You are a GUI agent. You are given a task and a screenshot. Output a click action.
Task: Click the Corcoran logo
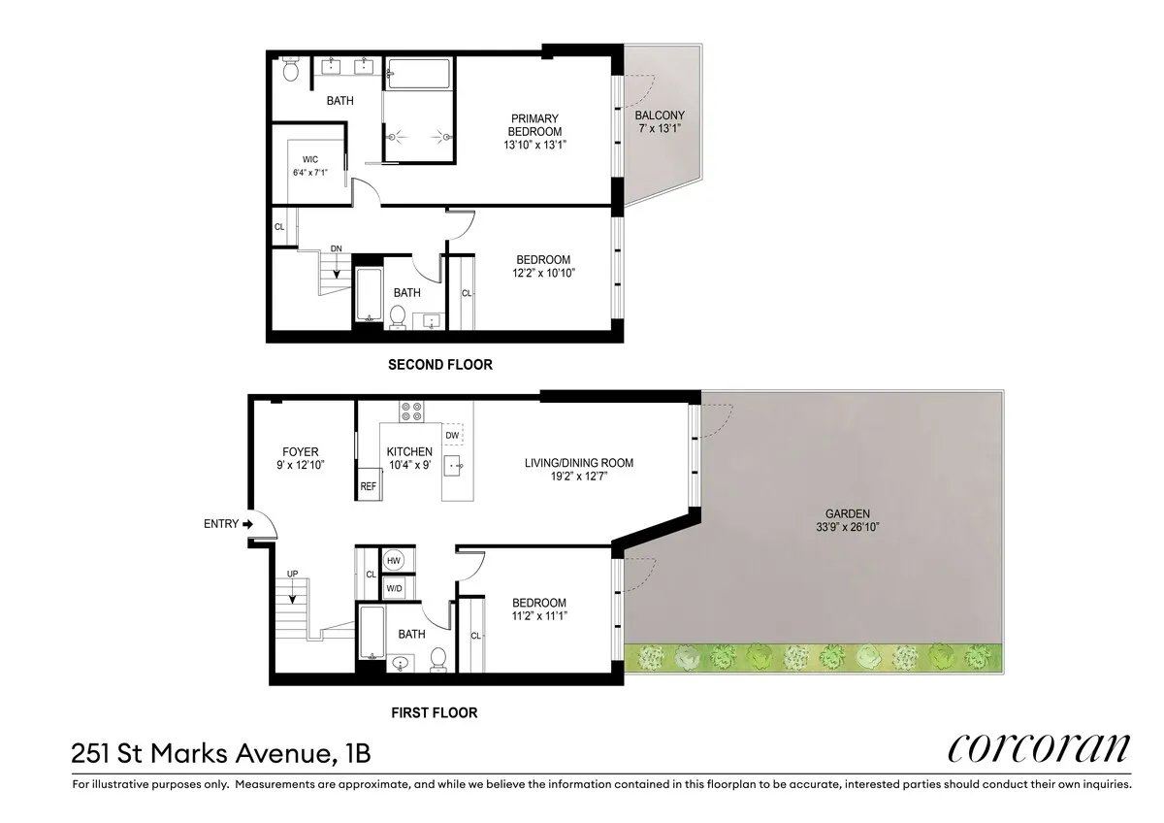(1039, 748)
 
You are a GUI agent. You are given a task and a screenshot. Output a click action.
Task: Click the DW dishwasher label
(452, 436)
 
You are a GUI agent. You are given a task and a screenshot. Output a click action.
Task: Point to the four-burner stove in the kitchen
(410, 411)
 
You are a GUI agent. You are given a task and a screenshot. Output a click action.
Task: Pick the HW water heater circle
(394, 561)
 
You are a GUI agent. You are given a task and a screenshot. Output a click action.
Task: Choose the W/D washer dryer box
(395, 588)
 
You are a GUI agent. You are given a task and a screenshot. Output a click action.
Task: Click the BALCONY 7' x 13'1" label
(660, 121)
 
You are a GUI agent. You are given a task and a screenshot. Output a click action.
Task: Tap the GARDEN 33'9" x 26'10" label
(847, 520)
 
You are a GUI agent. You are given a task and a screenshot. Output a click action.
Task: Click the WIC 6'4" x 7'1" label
(310, 165)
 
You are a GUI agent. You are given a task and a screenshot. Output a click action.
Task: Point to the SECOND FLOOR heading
(439, 365)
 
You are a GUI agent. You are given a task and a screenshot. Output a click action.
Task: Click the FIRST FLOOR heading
(434, 712)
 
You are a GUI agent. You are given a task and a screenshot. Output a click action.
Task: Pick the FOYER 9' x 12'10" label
(300, 458)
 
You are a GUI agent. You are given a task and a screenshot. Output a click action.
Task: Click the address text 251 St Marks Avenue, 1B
(220, 752)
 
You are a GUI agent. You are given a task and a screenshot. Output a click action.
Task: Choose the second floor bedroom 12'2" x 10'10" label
(543, 267)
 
